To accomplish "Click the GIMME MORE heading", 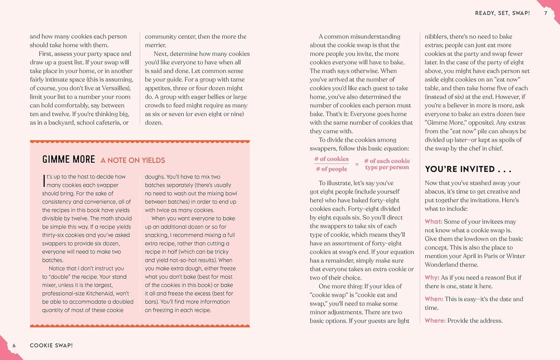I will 69,160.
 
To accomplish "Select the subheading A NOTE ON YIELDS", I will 133,160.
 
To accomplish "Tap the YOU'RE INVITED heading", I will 468,169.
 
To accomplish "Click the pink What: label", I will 433,222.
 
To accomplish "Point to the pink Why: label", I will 432,277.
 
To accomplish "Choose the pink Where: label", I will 435,320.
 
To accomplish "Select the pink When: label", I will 434,299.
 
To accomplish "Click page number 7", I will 546,13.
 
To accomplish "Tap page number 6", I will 14,345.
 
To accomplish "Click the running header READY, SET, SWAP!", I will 502,13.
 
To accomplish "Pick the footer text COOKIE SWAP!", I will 51,345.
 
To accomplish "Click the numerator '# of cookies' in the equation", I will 331,159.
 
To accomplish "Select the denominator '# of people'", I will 331,169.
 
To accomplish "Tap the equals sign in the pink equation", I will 357,164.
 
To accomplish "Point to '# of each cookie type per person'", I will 387,164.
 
